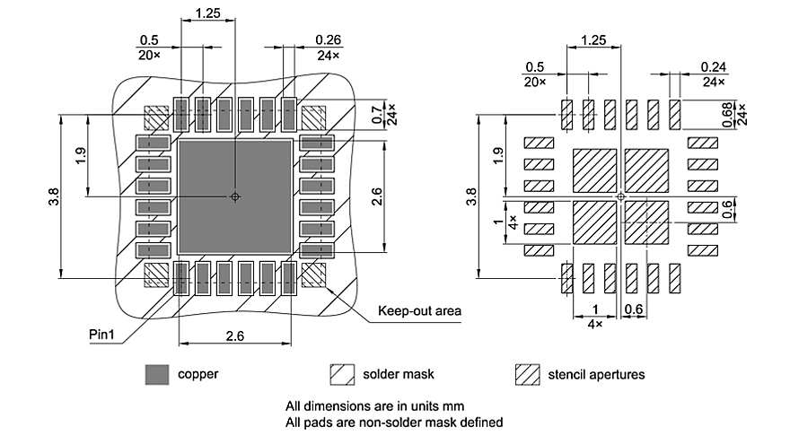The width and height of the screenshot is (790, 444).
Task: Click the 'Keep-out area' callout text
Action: pos(419,311)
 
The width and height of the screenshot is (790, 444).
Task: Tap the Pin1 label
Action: pos(104,334)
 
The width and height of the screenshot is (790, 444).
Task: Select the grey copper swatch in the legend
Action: pos(157,374)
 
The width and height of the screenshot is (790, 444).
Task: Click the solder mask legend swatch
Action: pos(342,374)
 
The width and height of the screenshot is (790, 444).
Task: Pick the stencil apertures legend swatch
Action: pos(527,374)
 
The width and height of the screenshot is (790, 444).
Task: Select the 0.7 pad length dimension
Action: pos(376,114)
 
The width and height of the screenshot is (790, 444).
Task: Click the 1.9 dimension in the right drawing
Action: pos(498,154)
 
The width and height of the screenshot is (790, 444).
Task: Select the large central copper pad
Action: pos(234,196)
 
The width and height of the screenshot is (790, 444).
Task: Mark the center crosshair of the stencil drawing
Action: pos(620,196)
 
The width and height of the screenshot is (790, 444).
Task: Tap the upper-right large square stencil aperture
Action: pos(646,170)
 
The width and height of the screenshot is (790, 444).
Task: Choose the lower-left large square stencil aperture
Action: pos(593,222)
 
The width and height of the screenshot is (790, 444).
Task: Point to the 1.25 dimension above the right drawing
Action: pos(592,40)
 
